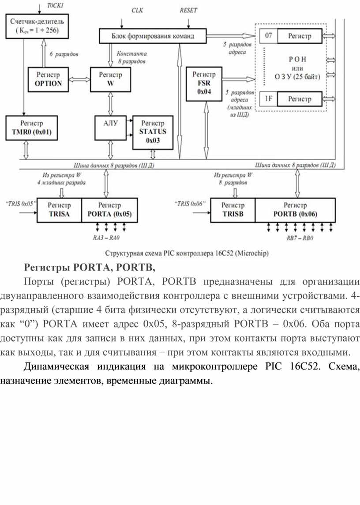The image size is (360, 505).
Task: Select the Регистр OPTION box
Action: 48,79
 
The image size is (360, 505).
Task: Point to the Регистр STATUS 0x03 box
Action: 153,132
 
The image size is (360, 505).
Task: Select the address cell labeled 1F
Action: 268,99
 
